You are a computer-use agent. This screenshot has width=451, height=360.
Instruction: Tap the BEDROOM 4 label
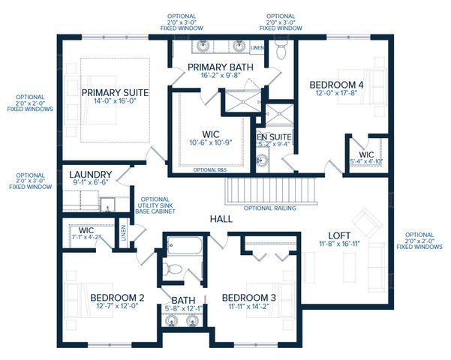coord(337,85)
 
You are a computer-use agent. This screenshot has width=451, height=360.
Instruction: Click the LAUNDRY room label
coord(91,174)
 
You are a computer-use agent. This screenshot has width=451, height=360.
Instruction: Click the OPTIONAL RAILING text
coord(269,208)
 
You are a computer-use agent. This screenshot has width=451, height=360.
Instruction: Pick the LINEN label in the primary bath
coord(257,49)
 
